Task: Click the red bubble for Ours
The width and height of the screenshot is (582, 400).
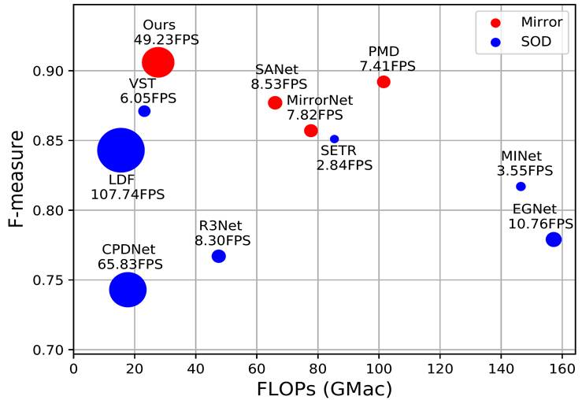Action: pyautogui.click(x=158, y=62)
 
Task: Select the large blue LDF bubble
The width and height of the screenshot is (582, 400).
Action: pyautogui.click(x=120, y=150)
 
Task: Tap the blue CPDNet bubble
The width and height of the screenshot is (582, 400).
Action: pyautogui.click(x=128, y=290)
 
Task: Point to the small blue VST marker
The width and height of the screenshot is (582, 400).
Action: pyautogui.click(x=144, y=111)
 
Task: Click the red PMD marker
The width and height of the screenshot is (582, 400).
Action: pyautogui.click(x=384, y=82)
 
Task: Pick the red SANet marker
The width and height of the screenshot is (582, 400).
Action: pyautogui.click(x=275, y=102)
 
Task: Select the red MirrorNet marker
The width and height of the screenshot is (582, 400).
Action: pyautogui.click(x=311, y=130)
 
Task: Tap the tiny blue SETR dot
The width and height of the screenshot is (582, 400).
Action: pyautogui.click(x=334, y=139)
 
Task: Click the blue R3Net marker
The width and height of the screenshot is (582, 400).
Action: pyautogui.click(x=219, y=256)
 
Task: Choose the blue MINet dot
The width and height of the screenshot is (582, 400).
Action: pyautogui.click(x=521, y=187)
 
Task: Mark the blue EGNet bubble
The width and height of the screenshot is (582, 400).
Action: pyautogui.click(x=554, y=239)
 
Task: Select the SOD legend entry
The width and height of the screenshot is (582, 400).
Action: pyautogui.click(x=533, y=43)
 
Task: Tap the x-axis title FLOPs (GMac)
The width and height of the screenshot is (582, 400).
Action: pyautogui.click(x=324, y=388)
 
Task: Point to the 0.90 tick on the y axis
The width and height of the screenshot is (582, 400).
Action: pyautogui.click(x=51, y=71)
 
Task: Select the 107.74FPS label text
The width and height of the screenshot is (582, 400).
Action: pyautogui.click(x=128, y=194)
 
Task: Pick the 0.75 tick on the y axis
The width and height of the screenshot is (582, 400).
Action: pyautogui.click(x=51, y=280)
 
